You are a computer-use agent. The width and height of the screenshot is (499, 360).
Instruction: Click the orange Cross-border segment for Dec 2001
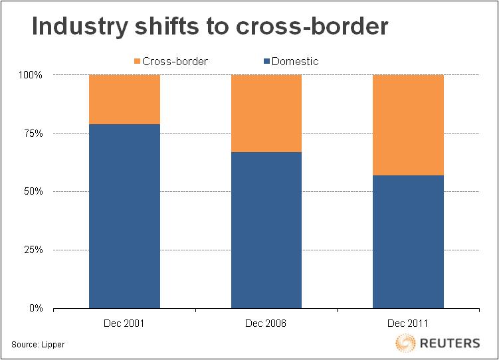click(124, 99)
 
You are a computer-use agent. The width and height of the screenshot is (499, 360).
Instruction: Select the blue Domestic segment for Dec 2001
click(124, 216)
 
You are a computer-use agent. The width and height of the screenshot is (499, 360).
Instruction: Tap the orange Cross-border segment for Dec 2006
click(266, 113)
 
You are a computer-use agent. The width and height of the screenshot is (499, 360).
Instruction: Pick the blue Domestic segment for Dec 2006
click(266, 230)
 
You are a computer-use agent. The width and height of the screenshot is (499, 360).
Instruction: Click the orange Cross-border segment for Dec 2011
click(408, 125)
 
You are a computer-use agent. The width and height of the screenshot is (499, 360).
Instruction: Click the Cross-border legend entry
click(171, 61)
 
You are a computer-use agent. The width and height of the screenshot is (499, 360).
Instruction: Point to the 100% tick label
click(30, 75)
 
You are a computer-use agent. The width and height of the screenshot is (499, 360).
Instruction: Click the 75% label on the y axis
click(32, 134)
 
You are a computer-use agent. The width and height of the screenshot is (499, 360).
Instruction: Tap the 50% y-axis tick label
click(32, 192)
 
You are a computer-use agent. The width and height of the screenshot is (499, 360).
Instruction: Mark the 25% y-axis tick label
click(32, 250)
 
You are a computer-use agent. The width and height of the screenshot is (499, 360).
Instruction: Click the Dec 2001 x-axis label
click(124, 323)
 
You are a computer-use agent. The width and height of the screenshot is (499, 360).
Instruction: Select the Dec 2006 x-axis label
click(266, 323)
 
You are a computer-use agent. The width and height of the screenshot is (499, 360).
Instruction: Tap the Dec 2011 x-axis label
click(408, 323)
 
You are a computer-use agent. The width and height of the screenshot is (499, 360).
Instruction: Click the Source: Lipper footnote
click(38, 345)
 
